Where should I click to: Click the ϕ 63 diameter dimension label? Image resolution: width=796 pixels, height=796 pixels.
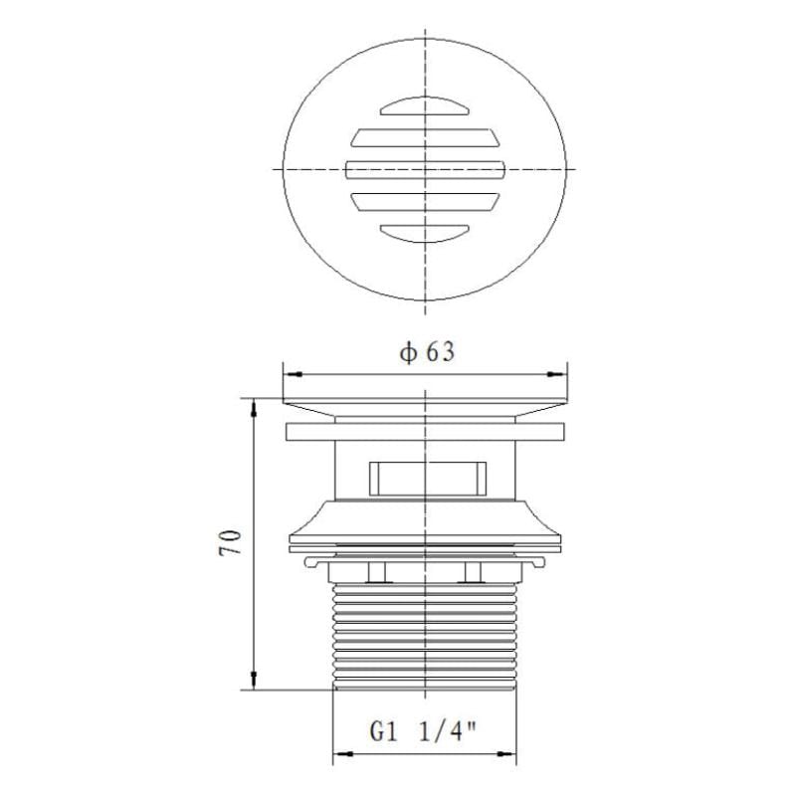pyautogui.click(x=427, y=352)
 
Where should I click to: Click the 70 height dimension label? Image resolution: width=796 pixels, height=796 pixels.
pyautogui.click(x=230, y=542)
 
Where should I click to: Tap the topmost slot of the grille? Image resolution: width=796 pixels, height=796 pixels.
pyautogui.click(x=425, y=105)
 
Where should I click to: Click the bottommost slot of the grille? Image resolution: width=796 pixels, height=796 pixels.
pyautogui.click(x=425, y=234)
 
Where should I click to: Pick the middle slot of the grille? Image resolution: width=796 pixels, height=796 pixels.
pyautogui.click(x=426, y=170)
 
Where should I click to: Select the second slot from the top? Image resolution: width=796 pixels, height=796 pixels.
pyautogui.click(x=426, y=138)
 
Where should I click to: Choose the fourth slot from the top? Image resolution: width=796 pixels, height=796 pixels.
pyautogui.click(x=426, y=202)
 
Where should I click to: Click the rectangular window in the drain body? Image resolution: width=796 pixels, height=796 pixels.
pyautogui.click(x=428, y=479)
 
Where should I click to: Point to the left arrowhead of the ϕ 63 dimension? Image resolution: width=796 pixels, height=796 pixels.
pyautogui.click(x=294, y=375)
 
